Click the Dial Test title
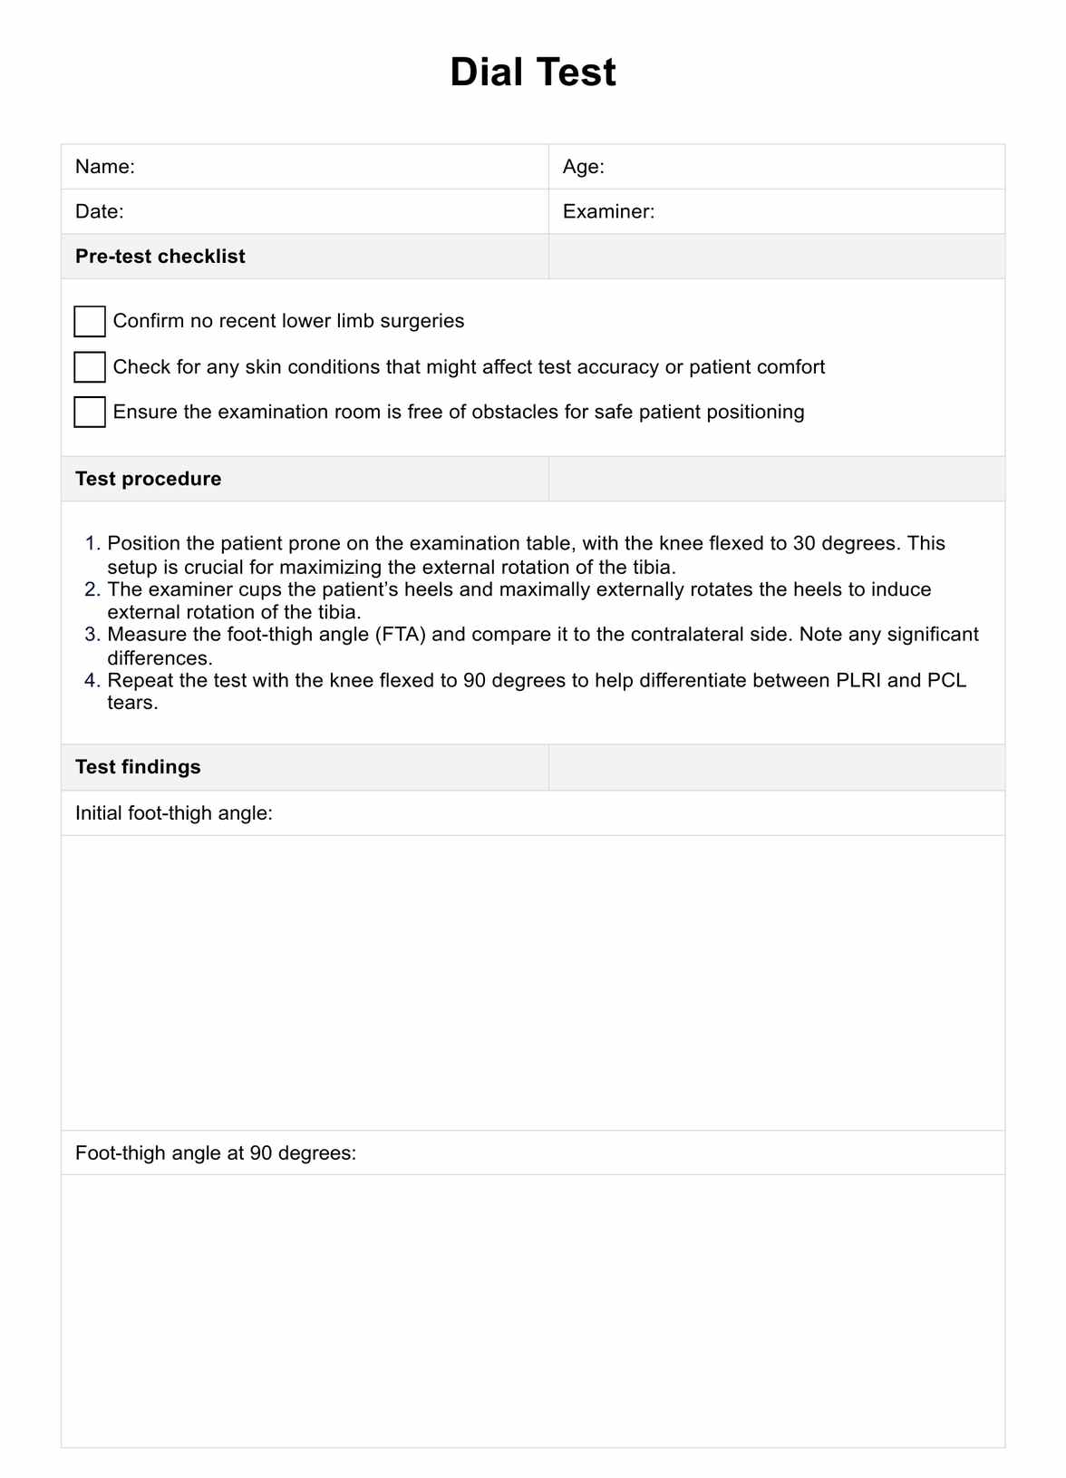point(533,73)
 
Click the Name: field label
point(105,167)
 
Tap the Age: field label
point(583,167)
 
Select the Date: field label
point(100,211)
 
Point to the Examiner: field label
point(608,211)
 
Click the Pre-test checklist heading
point(160,257)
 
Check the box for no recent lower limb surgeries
point(90,321)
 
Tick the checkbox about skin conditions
point(90,367)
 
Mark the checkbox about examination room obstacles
point(90,412)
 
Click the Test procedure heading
point(148,479)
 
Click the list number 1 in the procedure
point(92,544)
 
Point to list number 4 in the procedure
point(92,681)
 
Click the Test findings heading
point(138,767)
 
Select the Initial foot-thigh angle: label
point(174,813)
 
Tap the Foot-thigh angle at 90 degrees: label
point(216,1153)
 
